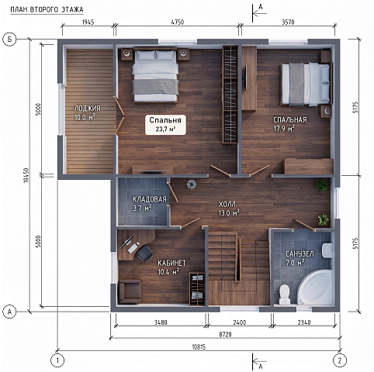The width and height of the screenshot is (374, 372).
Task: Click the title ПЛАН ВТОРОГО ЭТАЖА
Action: point(47,10)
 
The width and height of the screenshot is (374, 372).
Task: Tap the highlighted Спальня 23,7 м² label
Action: point(165,125)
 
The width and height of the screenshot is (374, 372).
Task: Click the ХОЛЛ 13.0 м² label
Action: point(229,208)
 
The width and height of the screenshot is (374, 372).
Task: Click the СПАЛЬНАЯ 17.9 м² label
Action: point(290,124)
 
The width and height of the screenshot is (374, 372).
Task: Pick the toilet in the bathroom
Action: point(285,294)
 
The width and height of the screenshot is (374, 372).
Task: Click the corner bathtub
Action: point(316,288)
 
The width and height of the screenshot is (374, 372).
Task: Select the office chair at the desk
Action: point(144,253)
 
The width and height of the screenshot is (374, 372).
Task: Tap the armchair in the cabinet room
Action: point(130,291)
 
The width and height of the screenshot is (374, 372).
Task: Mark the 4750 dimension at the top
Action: point(178,22)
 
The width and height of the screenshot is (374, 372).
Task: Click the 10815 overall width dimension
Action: point(199,346)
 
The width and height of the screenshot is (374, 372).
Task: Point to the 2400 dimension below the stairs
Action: point(240,322)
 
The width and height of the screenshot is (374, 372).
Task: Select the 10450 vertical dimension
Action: point(26,175)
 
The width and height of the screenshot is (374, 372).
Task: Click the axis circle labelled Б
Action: point(9,40)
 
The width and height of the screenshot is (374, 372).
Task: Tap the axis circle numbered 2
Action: point(340,360)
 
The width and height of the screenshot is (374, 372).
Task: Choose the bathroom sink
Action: point(327,250)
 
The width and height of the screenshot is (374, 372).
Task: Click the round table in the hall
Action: point(192,184)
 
